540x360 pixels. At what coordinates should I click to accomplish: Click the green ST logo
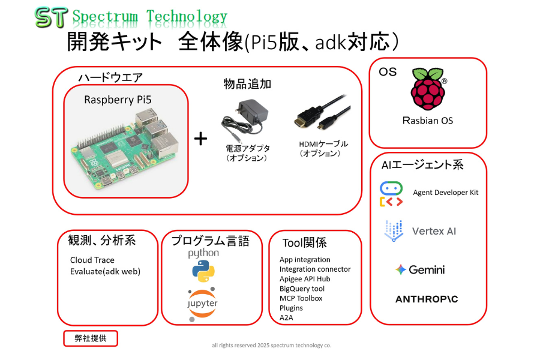[50, 18]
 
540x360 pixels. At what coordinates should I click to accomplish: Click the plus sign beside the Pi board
[201, 139]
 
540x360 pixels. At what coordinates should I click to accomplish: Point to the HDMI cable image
[322, 116]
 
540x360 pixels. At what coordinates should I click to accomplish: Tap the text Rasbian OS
[428, 121]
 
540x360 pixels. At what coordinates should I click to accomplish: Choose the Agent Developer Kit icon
[391, 194]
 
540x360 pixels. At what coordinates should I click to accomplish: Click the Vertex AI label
[438, 231]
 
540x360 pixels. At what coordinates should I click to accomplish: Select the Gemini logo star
[401, 270]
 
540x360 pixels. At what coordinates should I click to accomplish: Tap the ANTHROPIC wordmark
[427, 299]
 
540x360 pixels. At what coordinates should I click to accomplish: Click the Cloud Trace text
[92, 260]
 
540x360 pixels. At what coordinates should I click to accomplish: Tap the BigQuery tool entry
[302, 289]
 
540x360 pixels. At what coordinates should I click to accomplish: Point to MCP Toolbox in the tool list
[301, 298]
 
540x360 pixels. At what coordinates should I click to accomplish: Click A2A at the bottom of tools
[287, 317]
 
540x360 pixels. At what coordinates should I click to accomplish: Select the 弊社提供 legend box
[91, 338]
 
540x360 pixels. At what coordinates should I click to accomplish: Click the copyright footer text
[271, 346]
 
